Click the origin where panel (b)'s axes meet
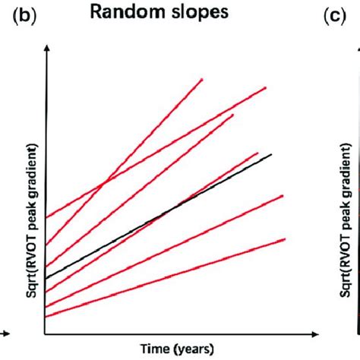pyautogui.click(x=47, y=333)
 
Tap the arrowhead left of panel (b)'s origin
pyautogui.click(x=6, y=333)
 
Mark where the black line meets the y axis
pyautogui.click(x=47, y=278)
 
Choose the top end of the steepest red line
pyautogui.click(x=203, y=78)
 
